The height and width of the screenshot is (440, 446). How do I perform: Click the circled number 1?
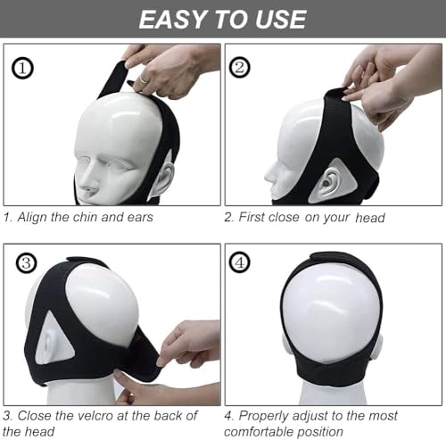click(x=22, y=69)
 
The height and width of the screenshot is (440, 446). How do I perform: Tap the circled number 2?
click(x=240, y=67)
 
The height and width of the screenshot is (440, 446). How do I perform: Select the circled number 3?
click(x=27, y=263)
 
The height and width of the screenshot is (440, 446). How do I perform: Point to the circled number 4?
click(x=240, y=262)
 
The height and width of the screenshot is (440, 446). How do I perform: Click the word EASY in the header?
click(x=173, y=20)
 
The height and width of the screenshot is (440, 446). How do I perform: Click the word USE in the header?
click(x=281, y=20)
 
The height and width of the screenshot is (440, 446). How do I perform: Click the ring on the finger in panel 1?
click(x=144, y=79)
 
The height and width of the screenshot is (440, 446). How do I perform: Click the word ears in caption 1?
click(x=140, y=217)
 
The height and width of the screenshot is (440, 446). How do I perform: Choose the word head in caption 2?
click(x=370, y=218)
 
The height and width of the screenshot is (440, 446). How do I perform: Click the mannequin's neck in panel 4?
click(x=332, y=393)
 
